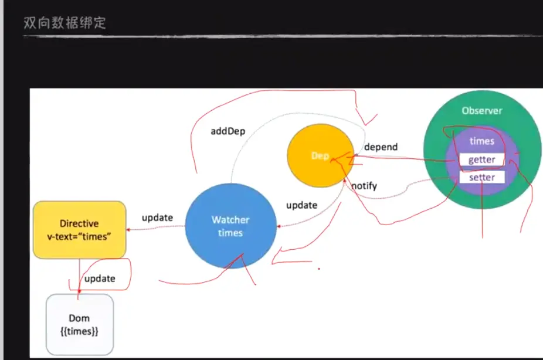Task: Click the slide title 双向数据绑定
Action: pos(65,24)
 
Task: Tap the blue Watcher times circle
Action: pos(230,226)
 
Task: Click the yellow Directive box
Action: pos(79,229)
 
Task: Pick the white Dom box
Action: pos(79,324)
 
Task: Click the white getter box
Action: pos(481,159)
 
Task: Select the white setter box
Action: pos(481,177)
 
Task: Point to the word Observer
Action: pos(481,111)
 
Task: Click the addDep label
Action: pos(228,131)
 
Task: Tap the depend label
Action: pos(381,147)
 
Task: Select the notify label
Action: pos(364,186)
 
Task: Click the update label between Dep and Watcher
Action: pos(301,205)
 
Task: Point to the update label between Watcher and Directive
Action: pos(157,218)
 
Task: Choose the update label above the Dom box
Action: pos(100,279)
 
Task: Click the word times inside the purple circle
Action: pos(481,141)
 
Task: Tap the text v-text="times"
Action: pos(79,235)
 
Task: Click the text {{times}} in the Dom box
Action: pos(79,331)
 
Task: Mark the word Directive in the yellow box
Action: pos(79,223)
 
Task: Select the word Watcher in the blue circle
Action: pos(230,220)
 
